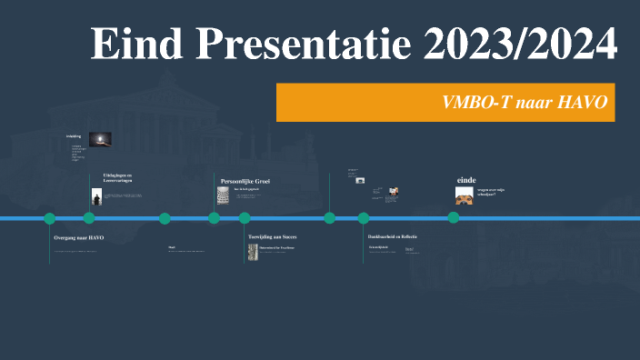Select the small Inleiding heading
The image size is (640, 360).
74,136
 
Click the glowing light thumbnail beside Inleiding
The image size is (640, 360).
100,138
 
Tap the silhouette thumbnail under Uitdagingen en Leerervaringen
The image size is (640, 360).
96,195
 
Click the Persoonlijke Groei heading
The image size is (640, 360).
245,182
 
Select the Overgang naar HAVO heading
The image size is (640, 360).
79,237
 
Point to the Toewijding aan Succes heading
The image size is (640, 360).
272,236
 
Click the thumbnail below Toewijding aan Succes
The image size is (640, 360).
254,248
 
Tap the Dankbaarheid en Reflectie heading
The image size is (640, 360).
392,236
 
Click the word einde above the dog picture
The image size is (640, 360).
465,180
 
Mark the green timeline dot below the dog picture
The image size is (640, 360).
453,218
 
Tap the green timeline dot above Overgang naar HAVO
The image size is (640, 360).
50,218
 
